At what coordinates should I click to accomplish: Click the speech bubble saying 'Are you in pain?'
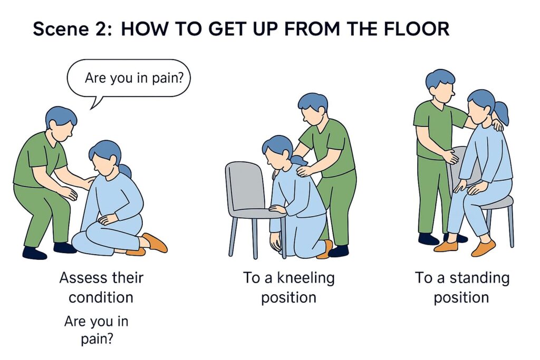click(129, 79)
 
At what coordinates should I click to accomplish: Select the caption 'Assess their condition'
click(101, 288)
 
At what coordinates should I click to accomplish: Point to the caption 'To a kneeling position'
click(288, 288)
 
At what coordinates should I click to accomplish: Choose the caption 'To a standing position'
click(461, 288)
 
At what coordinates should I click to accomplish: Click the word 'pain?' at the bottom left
click(97, 339)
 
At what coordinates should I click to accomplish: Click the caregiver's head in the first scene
click(61, 122)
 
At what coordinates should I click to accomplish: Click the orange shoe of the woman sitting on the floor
click(155, 242)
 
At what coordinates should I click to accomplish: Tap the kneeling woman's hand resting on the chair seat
click(277, 209)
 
